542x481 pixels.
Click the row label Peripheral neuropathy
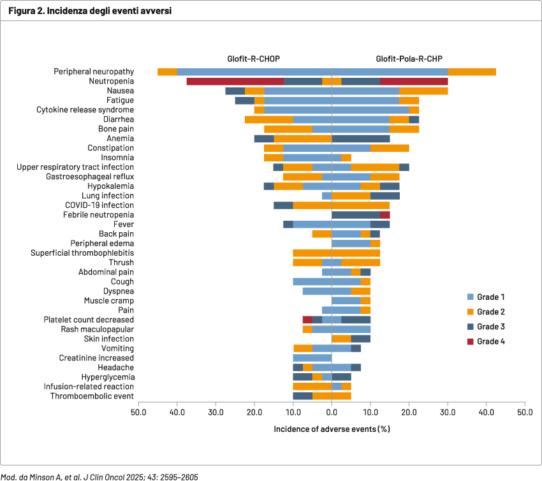coord(93,72)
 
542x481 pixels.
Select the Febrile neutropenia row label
coord(98,215)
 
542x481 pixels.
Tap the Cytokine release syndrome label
coord(85,110)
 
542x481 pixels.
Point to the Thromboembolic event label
coord(92,396)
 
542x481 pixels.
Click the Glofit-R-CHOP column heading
coord(254,59)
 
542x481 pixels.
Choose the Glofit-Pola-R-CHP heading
coord(409,59)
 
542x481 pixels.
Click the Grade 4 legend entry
coord(491,341)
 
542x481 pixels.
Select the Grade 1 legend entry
coord(491,297)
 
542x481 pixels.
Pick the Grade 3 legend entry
coord(491,327)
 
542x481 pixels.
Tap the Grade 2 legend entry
coord(491,312)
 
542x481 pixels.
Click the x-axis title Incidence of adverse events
coord(332,428)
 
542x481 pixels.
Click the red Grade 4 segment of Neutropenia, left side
coord(235,82)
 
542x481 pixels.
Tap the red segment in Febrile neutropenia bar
coord(385,215)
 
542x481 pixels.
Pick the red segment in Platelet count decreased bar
coord(307,320)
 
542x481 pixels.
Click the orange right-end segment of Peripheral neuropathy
coord(472,72)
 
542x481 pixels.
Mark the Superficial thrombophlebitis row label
coord(82,253)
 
